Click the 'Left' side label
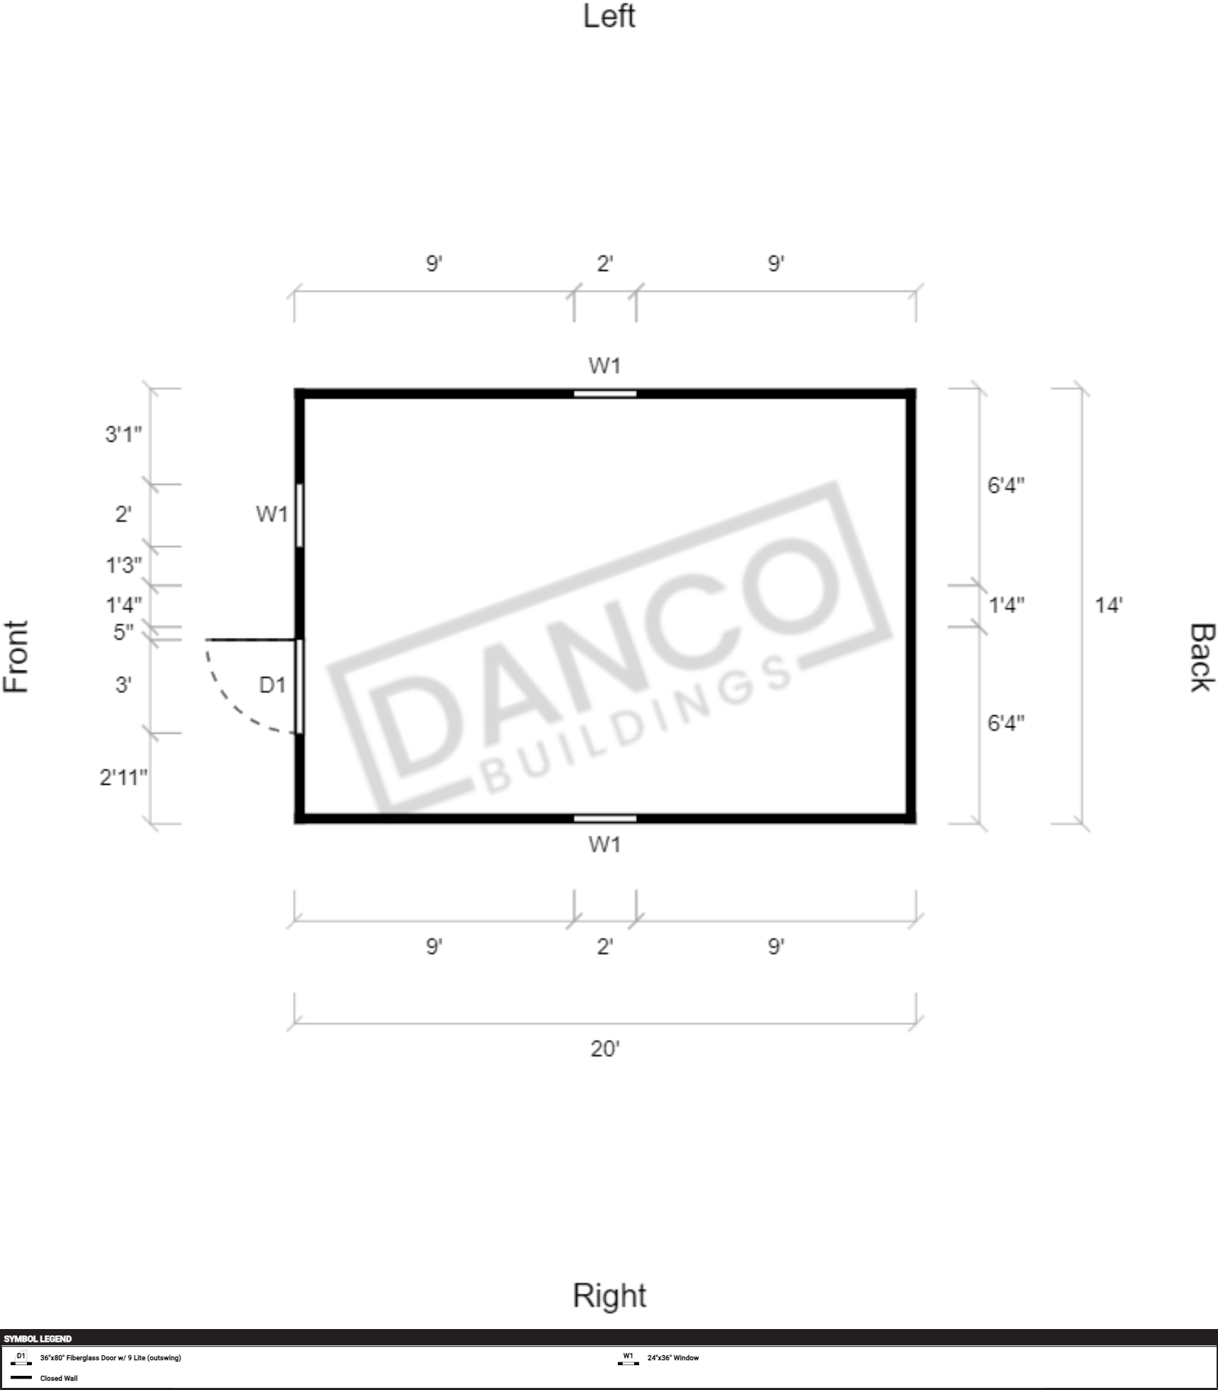(x=609, y=16)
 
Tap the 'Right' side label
(x=609, y=1295)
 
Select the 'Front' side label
(x=16, y=656)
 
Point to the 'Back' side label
(x=1202, y=657)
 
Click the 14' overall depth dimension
(x=1108, y=605)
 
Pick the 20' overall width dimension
(x=604, y=1048)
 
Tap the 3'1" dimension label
(x=123, y=434)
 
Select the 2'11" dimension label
(x=123, y=778)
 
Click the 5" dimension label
(x=123, y=632)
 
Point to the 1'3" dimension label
(x=123, y=565)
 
